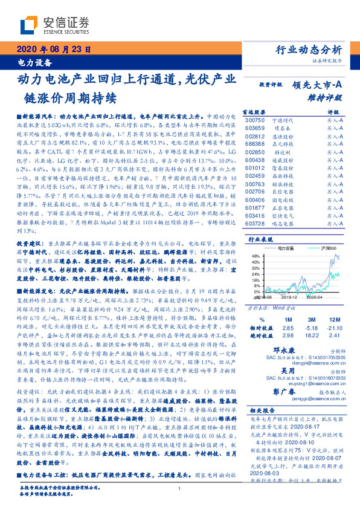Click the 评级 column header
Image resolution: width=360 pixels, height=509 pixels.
pos(333,112)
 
